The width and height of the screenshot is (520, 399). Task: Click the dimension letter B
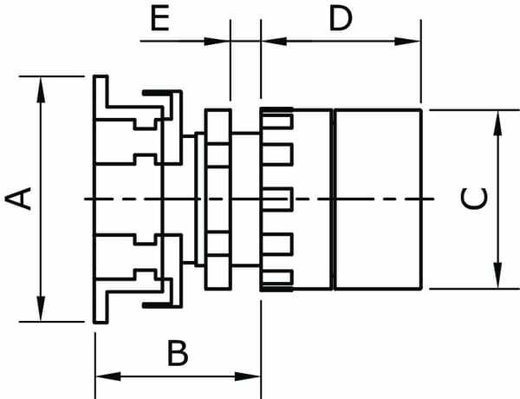[177, 353]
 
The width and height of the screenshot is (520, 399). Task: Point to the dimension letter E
[159, 18]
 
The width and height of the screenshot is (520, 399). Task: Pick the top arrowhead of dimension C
[499, 120]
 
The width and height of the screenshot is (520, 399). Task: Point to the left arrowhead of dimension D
[270, 40]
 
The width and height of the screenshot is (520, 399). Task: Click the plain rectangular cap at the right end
[378, 199]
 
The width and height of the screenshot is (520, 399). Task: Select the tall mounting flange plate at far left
[99, 199]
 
